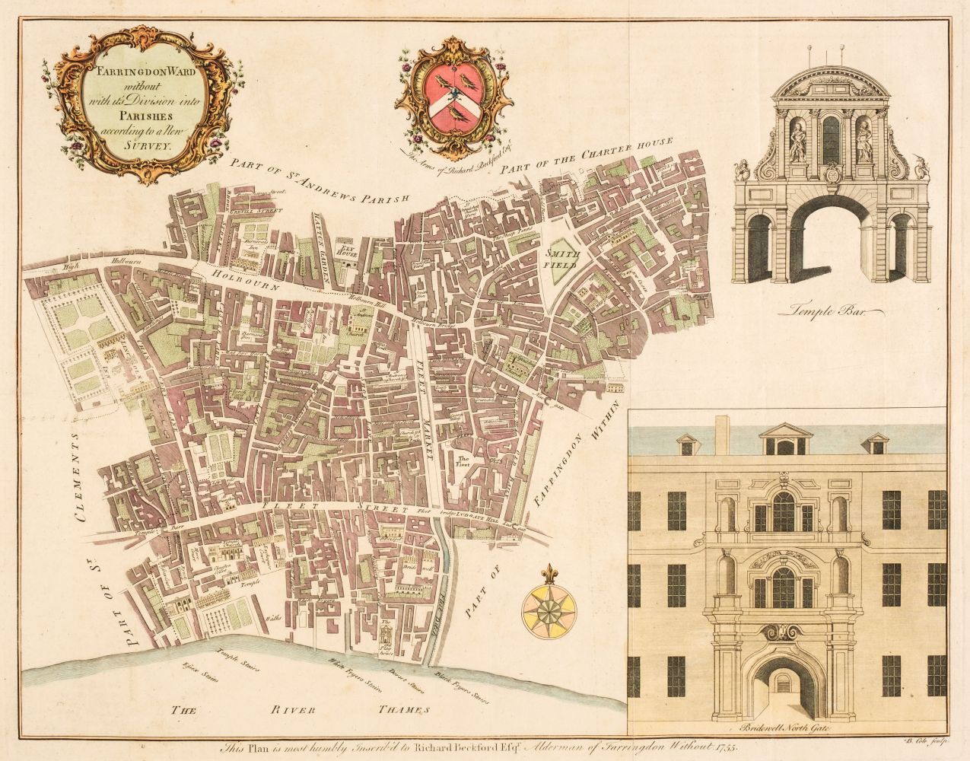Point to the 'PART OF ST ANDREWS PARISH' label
pyautogui.click(x=319, y=195)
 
